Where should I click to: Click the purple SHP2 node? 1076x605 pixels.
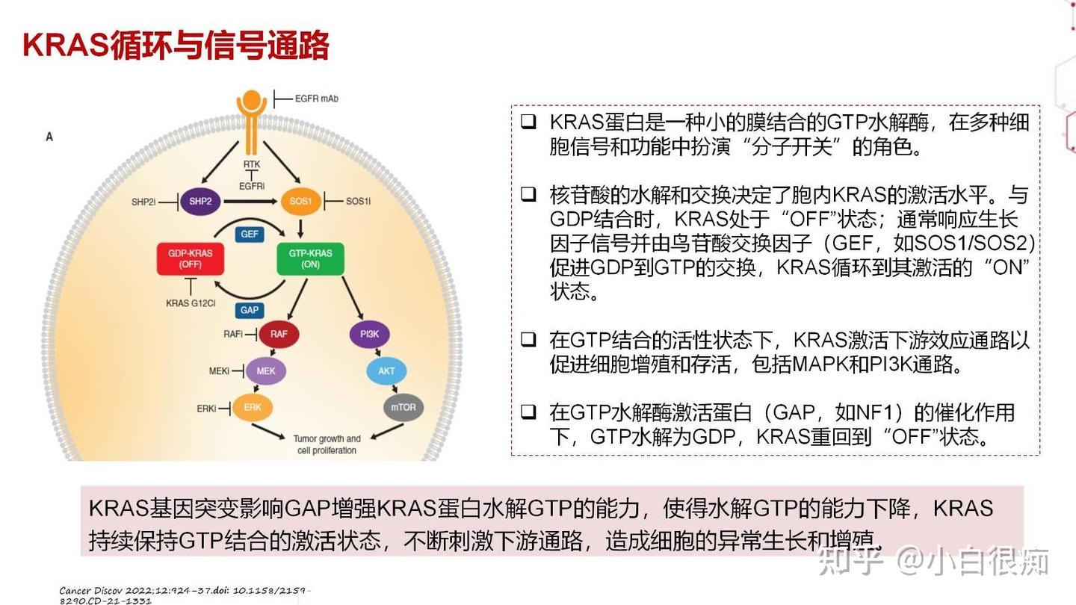pos(200,201)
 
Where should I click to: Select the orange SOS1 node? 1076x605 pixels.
pos(300,201)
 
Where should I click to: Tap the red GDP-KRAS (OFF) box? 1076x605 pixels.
pos(190,258)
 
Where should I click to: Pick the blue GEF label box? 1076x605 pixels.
pos(250,234)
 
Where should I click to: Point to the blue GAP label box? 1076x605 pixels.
pos(250,310)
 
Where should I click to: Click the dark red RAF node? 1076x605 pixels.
pos(278,334)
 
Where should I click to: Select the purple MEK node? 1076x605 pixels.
pos(266,370)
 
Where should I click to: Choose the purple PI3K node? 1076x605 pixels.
pos(369,334)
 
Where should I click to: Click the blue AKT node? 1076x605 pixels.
pos(386,370)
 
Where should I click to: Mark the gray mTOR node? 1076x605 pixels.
pos(403,408)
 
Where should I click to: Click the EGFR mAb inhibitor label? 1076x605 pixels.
pos(316,98)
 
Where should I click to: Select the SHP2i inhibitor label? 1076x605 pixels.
pos(143,202)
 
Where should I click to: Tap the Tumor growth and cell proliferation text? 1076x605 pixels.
pos(327,444)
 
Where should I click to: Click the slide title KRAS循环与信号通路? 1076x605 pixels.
pos(176,46)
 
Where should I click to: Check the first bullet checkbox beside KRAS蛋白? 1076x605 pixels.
pos(528,122)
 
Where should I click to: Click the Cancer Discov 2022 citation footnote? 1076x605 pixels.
pos(183,595)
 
